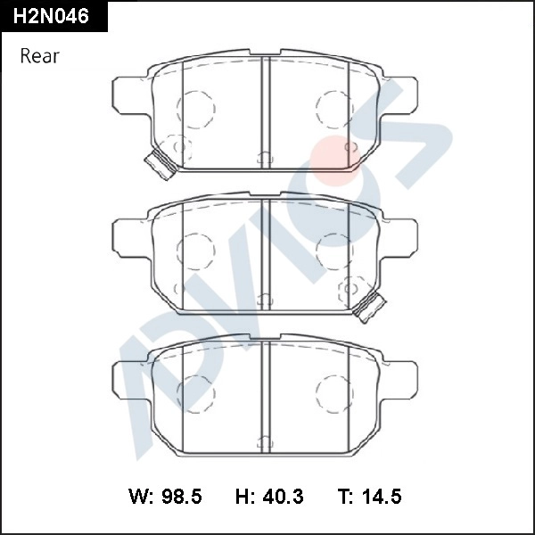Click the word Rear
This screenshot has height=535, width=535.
click(x=39, y=56)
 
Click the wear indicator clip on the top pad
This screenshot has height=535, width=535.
click(x=160, y=163)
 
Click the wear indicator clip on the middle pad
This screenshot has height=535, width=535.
click(x=368, y=306)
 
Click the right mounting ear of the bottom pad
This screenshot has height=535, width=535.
click(x=402, y=377)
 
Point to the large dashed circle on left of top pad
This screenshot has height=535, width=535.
click(x=196, y=108)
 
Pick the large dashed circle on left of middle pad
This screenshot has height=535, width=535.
click(x=196, y=250)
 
